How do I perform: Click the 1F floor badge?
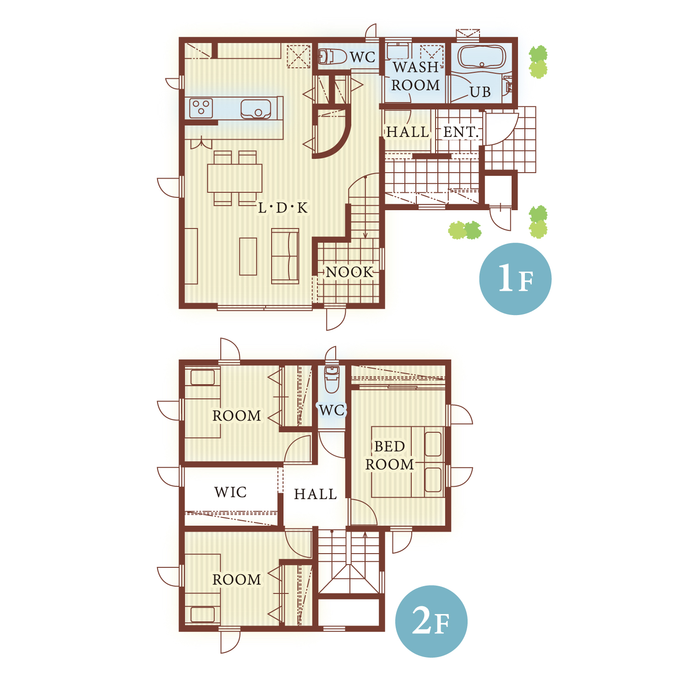515,279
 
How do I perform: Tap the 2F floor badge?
431,621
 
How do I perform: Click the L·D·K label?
283,208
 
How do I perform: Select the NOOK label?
350,272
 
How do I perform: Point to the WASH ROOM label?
415,76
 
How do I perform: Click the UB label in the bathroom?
480,92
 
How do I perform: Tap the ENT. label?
461,132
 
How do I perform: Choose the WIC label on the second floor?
230,492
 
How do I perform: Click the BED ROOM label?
389,455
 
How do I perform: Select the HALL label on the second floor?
315,494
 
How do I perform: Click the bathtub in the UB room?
482,58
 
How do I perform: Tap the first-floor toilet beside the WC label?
332,57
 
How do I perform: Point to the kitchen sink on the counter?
256,109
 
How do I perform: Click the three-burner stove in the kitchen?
201,109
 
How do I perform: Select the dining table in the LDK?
234,178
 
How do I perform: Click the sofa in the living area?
285,256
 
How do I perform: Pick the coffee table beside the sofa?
248,256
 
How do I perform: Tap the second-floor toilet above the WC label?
332,379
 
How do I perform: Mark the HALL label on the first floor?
408,132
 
